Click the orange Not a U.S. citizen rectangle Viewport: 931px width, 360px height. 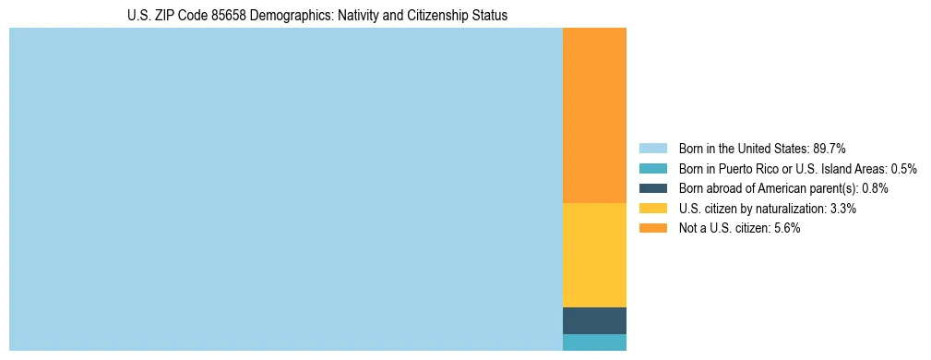(x=594, y=115)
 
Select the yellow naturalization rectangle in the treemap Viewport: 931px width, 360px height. (x=594, y=255)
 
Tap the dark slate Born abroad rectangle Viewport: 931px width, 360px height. (x=594, y=320)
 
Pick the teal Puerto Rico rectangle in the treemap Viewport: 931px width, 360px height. (x=594, y=342)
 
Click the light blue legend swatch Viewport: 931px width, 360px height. (x=652, y=149)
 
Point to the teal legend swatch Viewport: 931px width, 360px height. (x=652, y=169)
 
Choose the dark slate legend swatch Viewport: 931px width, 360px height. (x=652, y=188)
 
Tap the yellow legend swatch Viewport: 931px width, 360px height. (x=652, y=209)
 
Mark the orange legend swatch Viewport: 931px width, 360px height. (x=652, y=228)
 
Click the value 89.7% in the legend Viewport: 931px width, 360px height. (x=830, y=149)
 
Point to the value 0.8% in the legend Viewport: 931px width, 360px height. (x=876, y=188)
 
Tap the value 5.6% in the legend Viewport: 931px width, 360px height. (x=787, y=228)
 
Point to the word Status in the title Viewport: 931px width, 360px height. (x=489, y=16)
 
